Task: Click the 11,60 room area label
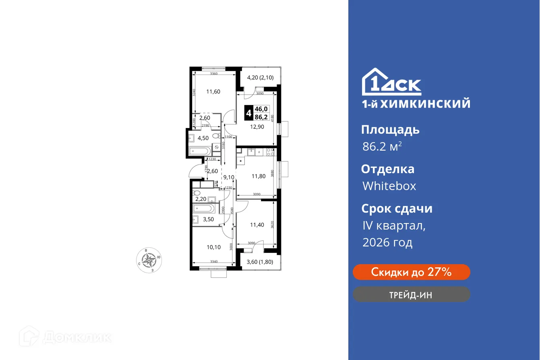(x=213, y=91)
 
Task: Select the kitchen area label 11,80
(x=258, y=176)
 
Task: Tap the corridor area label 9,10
(x=228, y=177)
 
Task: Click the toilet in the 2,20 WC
(x=197, y=193)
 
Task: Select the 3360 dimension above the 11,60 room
(x=214, y=74)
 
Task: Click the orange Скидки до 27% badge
(x=411, y=272)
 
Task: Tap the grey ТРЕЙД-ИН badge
(x=411, y=294)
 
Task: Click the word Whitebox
(x=389, y=186)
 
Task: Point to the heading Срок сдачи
(x=397, y=209)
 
